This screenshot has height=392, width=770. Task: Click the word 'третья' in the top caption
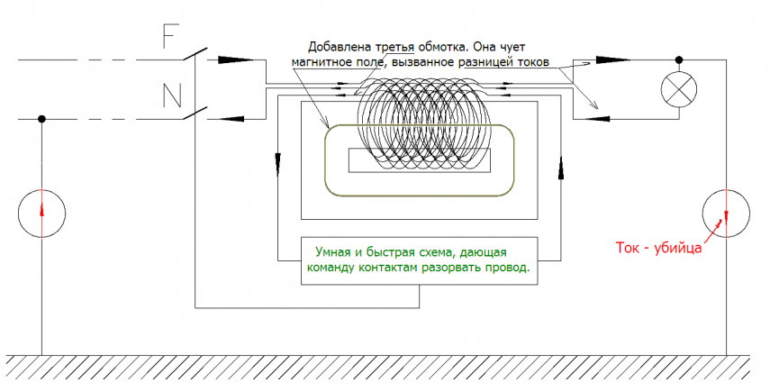[x=392, y=47]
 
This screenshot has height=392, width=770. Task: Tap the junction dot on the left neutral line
[x=41, y=118]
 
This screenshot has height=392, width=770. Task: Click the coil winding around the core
[x=421, y=126]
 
